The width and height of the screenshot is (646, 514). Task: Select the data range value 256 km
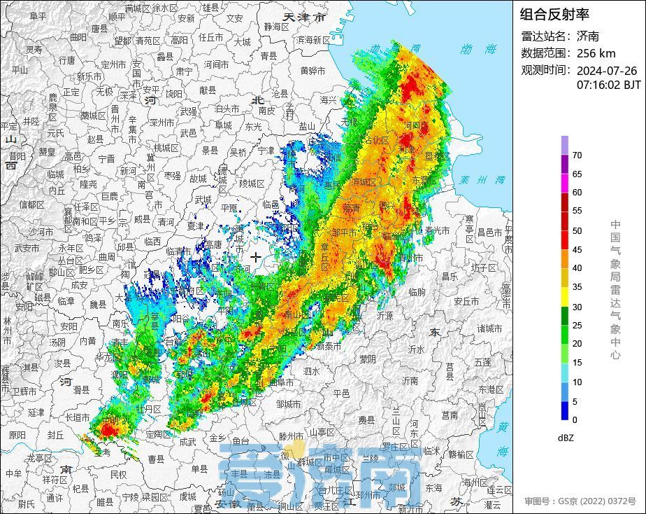pos(596,53)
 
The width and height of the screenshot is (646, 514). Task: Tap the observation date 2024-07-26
pos(606,71)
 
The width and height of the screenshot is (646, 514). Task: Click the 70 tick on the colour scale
pos(577,155)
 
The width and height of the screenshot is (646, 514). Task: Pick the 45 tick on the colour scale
pos(577,249)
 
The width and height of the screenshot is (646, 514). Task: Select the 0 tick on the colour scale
pos(575,419)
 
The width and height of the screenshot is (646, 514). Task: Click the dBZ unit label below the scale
pos(566,438)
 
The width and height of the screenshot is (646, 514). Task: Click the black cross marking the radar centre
pos(256,257)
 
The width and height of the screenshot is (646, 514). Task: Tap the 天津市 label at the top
pos(305,17)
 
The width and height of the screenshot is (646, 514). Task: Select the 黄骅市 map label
pos(313,71)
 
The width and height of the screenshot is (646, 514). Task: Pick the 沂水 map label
pos(417,349)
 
